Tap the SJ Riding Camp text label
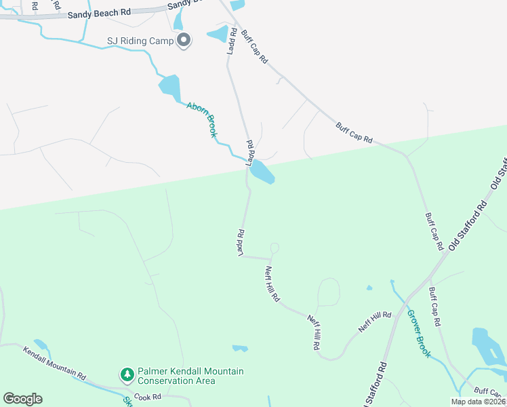(140, 41)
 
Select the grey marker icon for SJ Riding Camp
(184, 41)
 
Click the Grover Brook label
(418, 334)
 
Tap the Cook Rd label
(147, 397)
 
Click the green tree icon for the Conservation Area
(127, 374)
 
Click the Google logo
(23, 399)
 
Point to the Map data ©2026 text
(478, 402)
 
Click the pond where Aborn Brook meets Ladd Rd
(262, 174)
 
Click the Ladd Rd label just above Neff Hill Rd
(240, 242)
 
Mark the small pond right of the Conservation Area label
(240, 349)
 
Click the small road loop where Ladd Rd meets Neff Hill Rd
(274, 248)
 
